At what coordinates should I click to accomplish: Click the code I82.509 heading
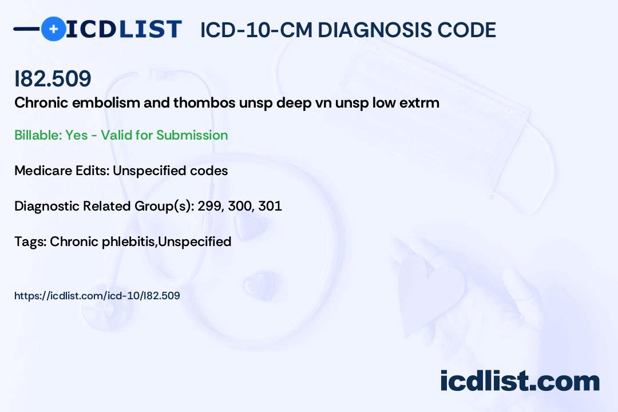53,79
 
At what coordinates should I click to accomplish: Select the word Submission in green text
192,135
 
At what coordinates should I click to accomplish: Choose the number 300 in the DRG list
240,206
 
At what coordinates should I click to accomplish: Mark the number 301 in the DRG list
270,206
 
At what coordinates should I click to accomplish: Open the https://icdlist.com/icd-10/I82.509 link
97,296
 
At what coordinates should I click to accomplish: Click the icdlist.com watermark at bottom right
520,381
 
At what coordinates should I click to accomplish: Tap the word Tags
30,241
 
